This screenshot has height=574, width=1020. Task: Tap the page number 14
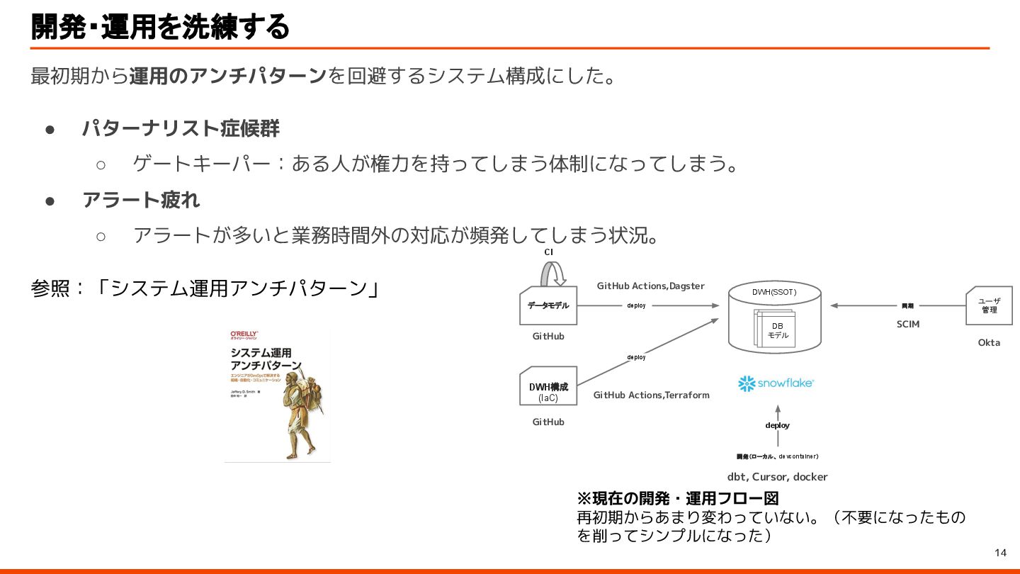click(1000, 553)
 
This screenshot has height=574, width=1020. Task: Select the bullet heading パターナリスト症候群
click(181, 129)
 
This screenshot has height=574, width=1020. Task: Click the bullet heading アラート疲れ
click(141, 201)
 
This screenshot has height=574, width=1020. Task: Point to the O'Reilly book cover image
click(278, 395)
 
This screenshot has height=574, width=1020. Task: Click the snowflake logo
click(777, 383)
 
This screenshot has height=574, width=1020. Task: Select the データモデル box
click(548, 305)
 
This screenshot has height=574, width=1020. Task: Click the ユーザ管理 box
click(989, 305)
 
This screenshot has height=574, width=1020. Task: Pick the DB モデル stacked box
click(777, 330)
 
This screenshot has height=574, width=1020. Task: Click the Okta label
click(989, 342)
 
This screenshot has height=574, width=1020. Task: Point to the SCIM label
click(907, 324)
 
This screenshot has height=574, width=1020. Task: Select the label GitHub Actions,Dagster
click(650, 286)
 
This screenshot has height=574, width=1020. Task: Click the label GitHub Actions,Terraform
click(651, 395)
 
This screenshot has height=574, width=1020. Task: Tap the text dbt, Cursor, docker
click(777, 477)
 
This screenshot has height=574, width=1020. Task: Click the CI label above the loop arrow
click(548, 252)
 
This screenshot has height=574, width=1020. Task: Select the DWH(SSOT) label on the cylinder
click(774, 292)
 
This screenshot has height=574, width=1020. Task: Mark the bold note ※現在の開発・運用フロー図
click(678, 498)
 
